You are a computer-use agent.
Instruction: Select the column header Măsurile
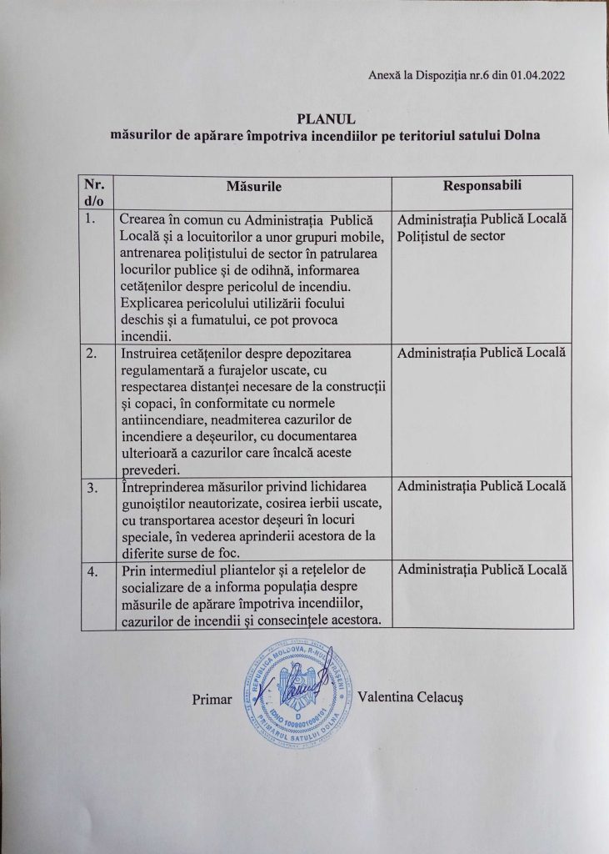(x=253, y=187)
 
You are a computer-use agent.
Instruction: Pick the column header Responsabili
(x=482, y=185)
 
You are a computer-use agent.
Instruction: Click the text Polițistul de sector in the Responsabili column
(x=452, y=236)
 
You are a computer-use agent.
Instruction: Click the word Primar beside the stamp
(x=212, y=699)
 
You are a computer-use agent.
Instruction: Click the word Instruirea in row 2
(x=149, y=354)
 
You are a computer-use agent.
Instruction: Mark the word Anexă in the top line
(x=383, y=76)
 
